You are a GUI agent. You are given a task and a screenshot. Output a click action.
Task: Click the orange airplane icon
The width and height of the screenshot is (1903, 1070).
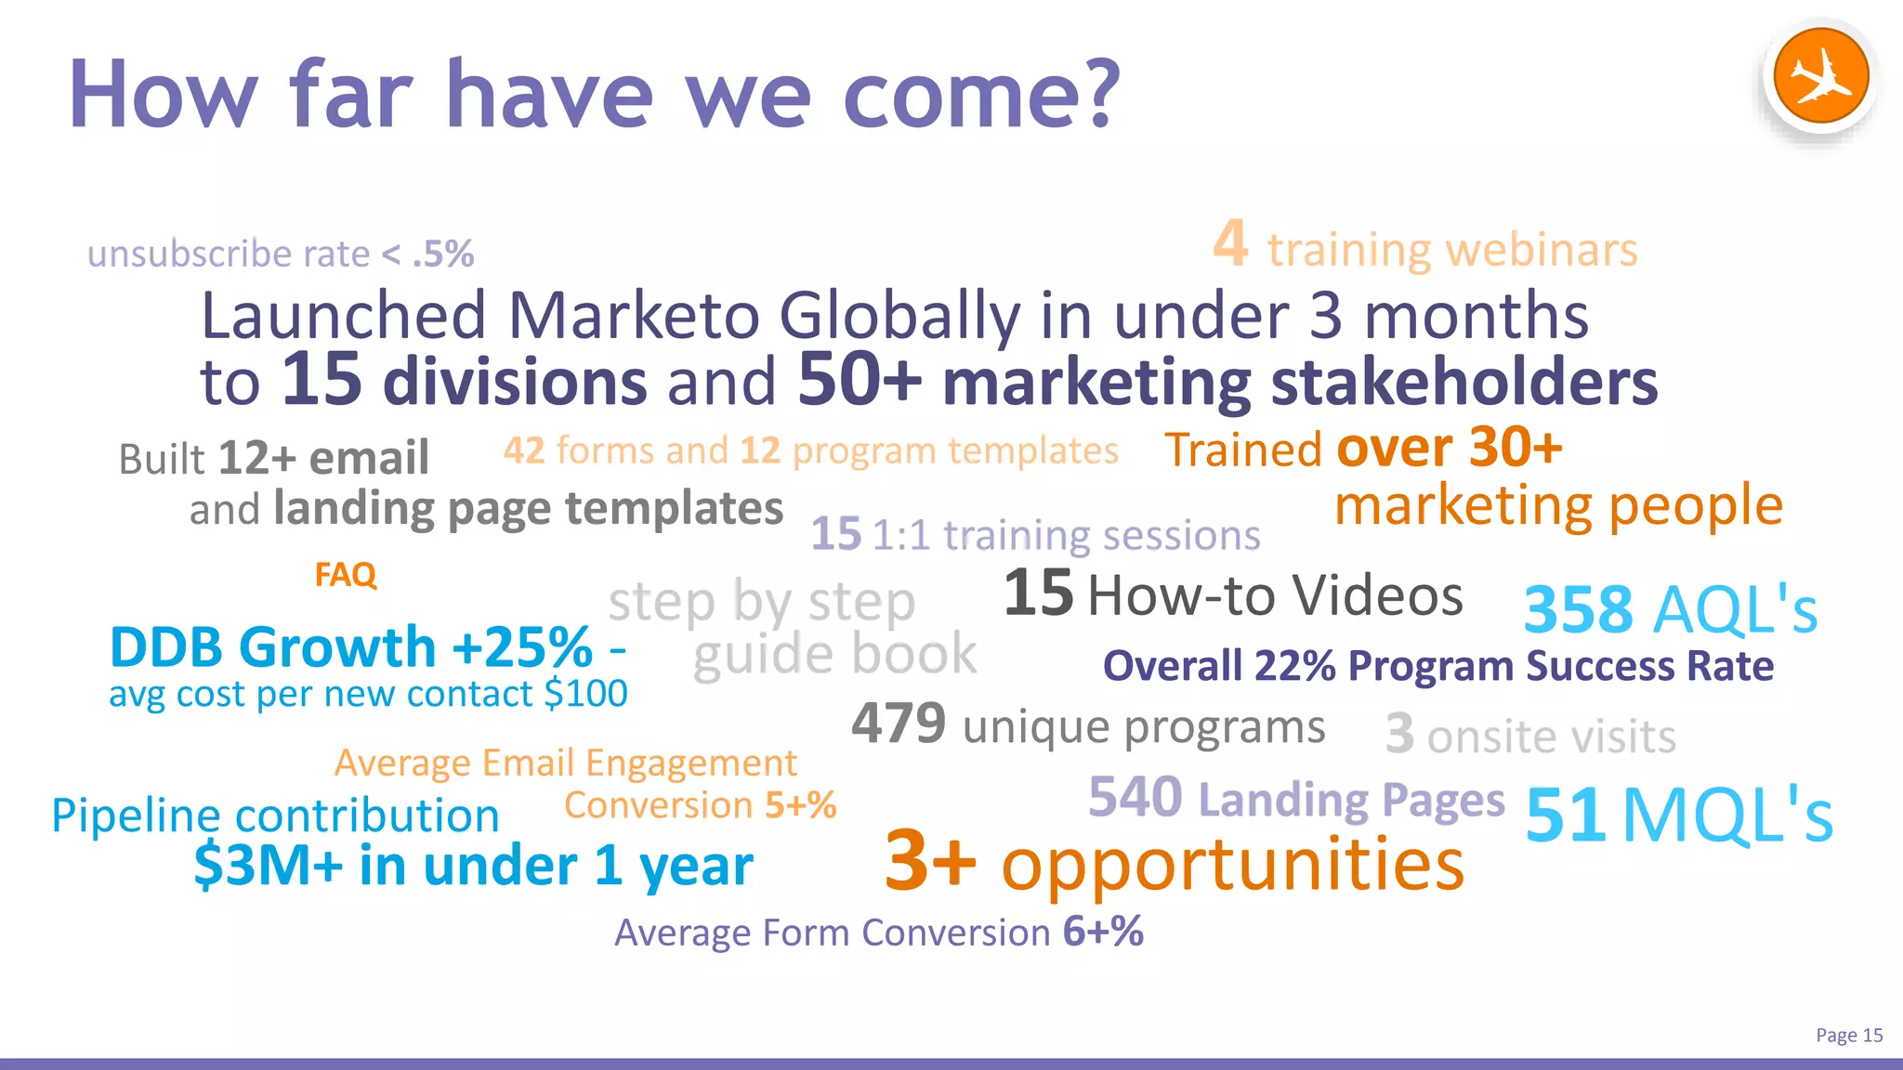click(1820, 76)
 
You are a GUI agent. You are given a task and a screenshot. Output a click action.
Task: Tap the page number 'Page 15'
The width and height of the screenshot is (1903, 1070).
click(1848, 1035)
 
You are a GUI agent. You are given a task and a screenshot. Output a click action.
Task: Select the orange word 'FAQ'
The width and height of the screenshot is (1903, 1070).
click(346, 575)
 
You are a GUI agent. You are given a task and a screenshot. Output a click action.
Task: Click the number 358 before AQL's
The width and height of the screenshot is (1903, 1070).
click(1578, 610)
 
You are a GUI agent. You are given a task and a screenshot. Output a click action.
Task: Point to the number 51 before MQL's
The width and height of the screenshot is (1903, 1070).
click(1565, 816)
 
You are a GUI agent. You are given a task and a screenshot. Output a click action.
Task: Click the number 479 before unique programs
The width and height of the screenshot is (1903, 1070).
click(899, 724)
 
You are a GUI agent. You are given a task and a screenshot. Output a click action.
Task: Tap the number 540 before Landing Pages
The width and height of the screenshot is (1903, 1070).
click(1135, 797)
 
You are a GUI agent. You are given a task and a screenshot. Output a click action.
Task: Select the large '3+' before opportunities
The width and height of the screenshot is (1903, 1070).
click(930, 861)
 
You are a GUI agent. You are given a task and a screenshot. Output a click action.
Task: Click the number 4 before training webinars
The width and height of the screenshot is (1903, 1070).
click(1230, 244)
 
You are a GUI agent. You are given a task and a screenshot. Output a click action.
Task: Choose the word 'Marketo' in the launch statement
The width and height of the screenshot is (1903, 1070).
click(635, 316)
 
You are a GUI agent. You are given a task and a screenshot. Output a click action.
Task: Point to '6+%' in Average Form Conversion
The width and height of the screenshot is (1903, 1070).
click(1103, 932)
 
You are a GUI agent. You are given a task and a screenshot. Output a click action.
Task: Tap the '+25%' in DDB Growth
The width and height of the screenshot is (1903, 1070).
click(522, 647)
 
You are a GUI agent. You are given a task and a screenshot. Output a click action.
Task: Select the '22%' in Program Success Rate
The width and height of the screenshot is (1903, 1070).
click(1294, 666)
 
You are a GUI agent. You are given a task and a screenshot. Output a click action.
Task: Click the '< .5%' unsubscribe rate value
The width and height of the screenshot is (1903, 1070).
click(428, 254)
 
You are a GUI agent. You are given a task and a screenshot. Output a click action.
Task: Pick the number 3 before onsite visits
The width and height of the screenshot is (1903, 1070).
click(1399, 735)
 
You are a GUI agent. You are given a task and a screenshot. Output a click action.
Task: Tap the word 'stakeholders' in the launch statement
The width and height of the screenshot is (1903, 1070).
click(1463, 382)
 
